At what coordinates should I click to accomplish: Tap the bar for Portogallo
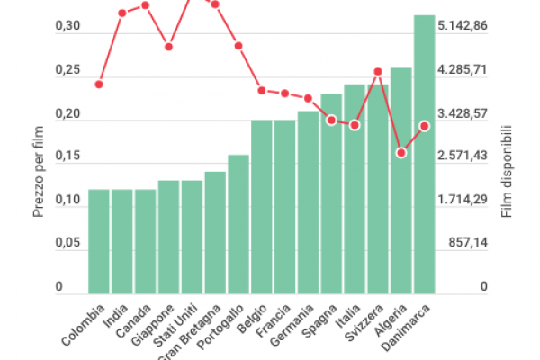tap(238, 224)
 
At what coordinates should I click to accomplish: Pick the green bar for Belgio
tap(262, 206)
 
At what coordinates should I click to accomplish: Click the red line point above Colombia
tap(99, 84)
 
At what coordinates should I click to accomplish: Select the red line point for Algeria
tap(401, 153)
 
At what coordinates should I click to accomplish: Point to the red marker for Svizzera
tap(378, 71)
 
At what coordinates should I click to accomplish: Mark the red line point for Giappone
tap(168, 46)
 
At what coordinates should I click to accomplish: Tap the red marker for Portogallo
tap(238, 46)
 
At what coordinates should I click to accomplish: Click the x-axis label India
tap(115, 316)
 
